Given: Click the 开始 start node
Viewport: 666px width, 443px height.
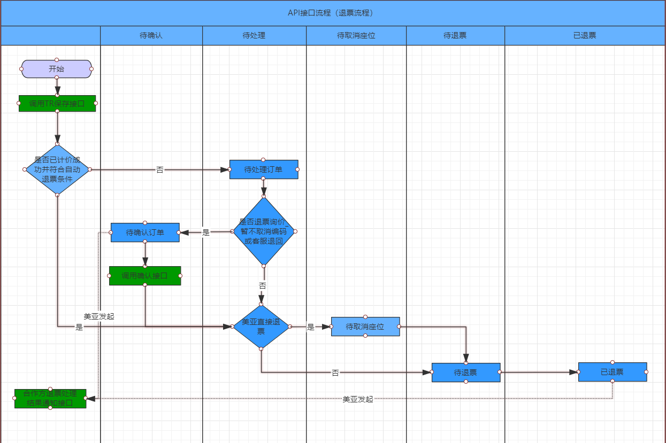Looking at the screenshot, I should pos(57,69).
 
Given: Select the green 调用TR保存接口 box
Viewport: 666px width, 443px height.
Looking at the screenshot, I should pos(57,104).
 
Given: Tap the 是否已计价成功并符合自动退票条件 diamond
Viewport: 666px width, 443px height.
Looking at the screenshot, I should pos(57,169).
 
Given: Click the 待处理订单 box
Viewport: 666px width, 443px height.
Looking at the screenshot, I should pos(264,169).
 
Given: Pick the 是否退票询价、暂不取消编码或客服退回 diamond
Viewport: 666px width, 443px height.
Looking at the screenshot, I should pos(264,231).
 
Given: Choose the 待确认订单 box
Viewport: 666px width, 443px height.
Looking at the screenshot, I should pos(145,232).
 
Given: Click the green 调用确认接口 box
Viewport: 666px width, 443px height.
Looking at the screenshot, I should pos(145,276).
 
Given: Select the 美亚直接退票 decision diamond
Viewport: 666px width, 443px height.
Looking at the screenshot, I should pos(261,327).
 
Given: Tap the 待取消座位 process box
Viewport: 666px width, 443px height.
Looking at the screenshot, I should pos(365,327).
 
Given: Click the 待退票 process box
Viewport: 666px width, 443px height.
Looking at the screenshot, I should pos(466,372).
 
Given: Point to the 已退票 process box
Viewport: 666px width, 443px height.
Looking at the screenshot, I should pos(613,372).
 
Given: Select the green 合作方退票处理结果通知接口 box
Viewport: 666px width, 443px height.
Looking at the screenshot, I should pos(50,398).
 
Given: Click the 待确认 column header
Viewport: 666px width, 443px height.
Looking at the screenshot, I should pos(151,36).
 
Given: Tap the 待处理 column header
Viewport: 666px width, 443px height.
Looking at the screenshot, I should pos(254,36).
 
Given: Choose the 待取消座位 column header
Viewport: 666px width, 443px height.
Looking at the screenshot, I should pos(356,36).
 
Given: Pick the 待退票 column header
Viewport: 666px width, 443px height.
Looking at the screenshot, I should pos(455,36).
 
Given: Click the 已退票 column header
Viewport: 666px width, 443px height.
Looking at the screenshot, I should pos(585,36).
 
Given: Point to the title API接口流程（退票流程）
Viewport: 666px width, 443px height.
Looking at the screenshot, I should pos(333,13).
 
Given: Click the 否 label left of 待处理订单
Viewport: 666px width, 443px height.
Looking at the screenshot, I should pos(160,170).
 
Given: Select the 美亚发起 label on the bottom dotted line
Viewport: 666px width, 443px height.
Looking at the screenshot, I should pos(358,399).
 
